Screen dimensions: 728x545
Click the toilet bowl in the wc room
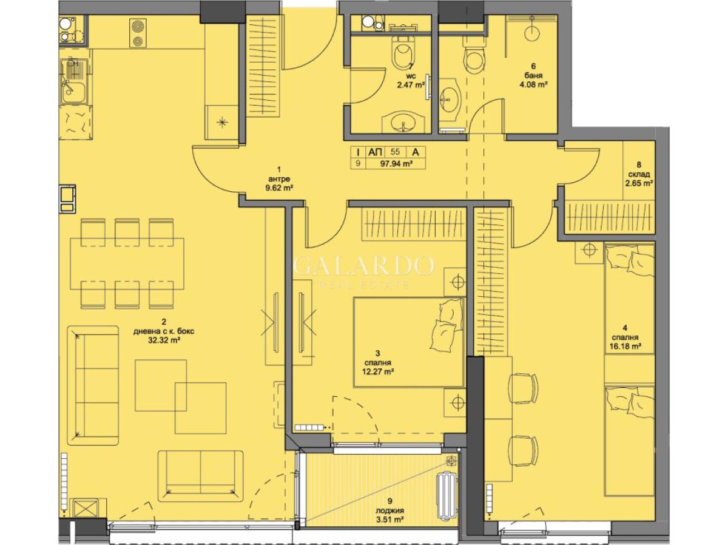[x=402, y=55]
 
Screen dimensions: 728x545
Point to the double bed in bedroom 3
[x=409, y=342]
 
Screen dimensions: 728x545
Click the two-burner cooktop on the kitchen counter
[x=136, y=33]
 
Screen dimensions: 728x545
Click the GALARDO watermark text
[x=363, y=266]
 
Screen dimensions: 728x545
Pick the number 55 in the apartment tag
[x=395, y=152]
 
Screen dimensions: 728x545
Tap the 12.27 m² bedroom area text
[x=378, y=371]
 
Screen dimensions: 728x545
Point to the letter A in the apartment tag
[x=415, y=152]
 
